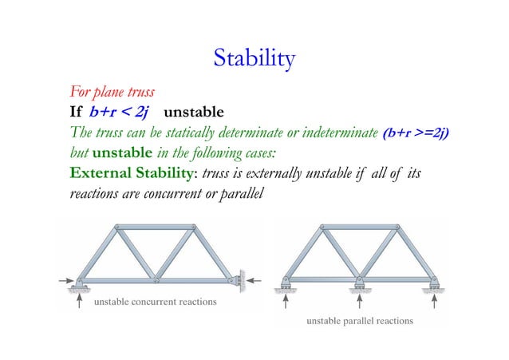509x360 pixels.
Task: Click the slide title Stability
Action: (x=254, y=57)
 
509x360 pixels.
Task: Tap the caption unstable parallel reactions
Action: (x=360, y=321)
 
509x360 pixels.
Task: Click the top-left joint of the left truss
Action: (x=117, y=228)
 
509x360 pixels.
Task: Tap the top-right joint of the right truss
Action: (x=397, y=228)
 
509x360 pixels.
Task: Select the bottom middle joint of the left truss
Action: (x=156, y=281)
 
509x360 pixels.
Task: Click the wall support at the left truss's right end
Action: (x=236, y=279)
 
